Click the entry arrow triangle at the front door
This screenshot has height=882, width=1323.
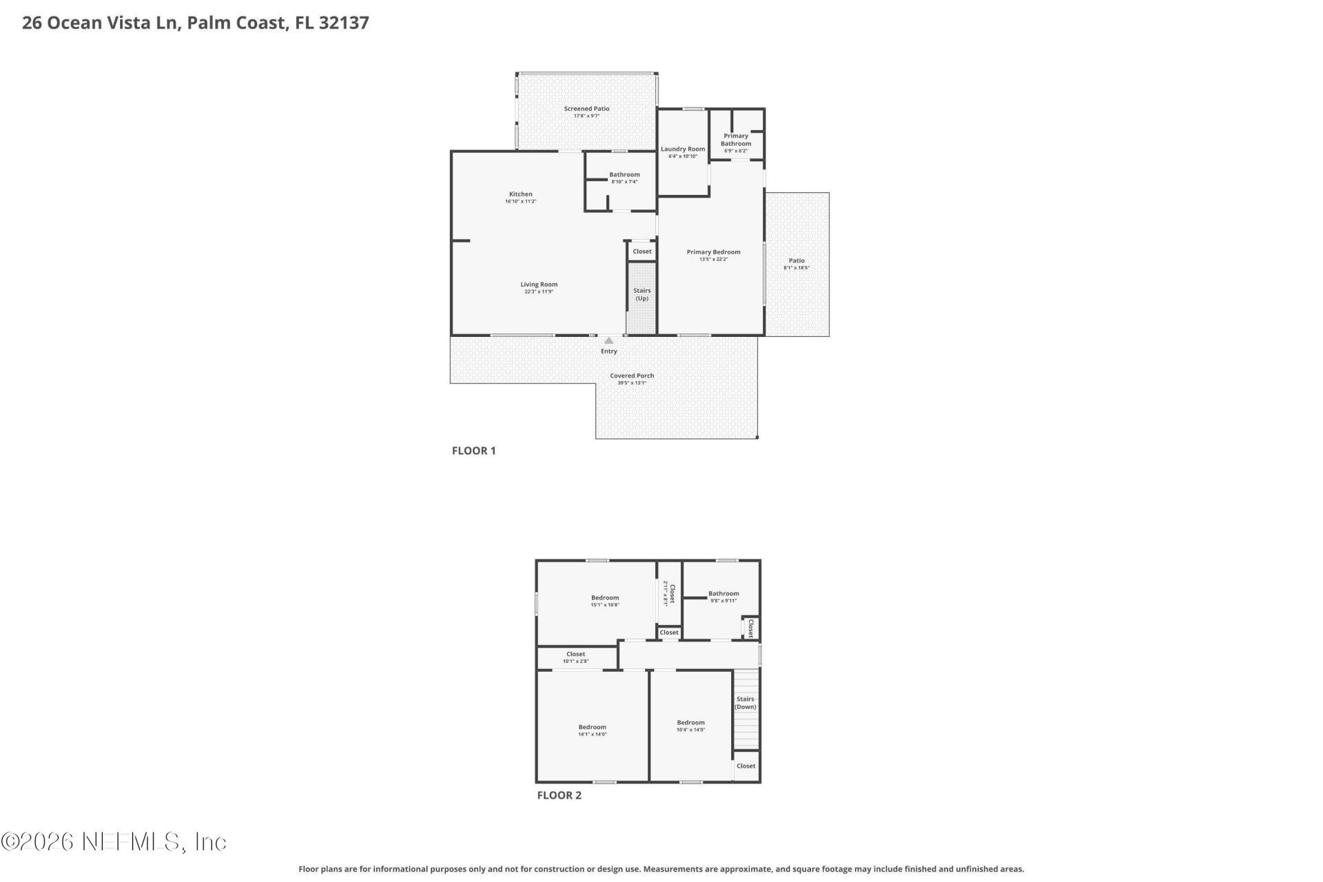[608, 340]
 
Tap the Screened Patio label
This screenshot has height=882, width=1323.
[586, 109]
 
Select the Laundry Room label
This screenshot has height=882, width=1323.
[683, 149]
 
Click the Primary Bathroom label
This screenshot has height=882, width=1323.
[736, 140]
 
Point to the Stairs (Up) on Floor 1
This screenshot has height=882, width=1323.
[642, 294]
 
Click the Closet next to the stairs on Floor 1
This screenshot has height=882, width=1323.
[642, 252]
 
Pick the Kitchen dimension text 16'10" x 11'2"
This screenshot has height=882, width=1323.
[520, 201]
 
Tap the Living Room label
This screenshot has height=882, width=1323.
[539, 285]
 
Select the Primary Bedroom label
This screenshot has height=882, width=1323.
[713, 252]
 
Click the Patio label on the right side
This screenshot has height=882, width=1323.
[797, 260]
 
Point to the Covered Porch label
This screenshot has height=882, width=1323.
[632, 376]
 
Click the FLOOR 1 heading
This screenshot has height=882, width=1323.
[473, 451]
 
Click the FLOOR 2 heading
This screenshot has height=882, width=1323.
[559, 795]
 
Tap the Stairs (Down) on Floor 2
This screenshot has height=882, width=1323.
[745, 703]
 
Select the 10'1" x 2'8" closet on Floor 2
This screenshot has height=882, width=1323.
[575, 657]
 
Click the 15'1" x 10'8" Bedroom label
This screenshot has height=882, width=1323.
[605, 598]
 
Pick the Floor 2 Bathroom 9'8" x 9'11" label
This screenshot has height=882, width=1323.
[724, 594]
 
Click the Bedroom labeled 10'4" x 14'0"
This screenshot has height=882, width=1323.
[690, 723]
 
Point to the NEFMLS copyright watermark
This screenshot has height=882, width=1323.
[114, 841]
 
